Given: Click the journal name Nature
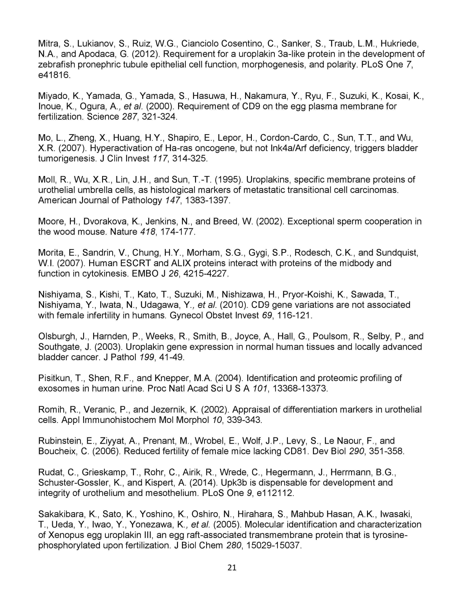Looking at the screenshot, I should pyautogui.click(x=123, y=232).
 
